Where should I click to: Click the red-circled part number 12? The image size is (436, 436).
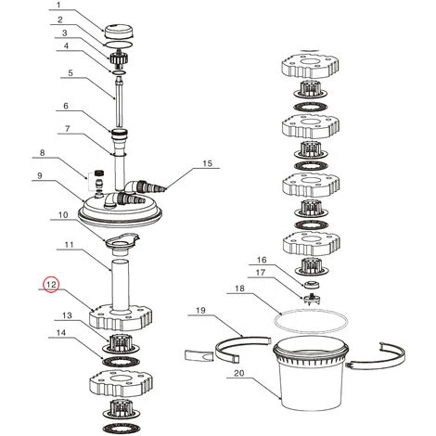(x=51, y=284)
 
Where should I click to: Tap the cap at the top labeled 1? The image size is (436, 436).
(x=119, y=32)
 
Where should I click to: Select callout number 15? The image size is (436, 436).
(x=208, y=163)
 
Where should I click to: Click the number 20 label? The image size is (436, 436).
(x=239, y=373)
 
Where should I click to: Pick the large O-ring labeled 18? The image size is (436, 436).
(x=311, y=322)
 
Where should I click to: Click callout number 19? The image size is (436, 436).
(x=200, y=310)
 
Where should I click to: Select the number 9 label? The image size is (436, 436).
(x=39, y=175)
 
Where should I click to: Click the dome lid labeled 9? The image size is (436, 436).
(x=120, y=211)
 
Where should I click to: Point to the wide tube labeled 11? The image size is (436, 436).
(x=120, y=286)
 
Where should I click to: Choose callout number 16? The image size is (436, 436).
(x=262, y=260)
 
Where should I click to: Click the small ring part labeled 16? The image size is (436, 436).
(x=312, y=284)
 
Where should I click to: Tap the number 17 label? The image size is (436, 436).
(x=261, y=273)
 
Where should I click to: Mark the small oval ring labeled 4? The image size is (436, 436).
(x=119, y=72)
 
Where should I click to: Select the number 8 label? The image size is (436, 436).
(x=43, y=152)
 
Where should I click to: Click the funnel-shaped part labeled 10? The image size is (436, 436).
(x=122, y=244)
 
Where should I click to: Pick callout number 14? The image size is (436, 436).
(x=61, y=332)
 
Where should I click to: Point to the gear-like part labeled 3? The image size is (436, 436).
(x=119, y=58)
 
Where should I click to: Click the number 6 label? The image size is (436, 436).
(x=66, y=106)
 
